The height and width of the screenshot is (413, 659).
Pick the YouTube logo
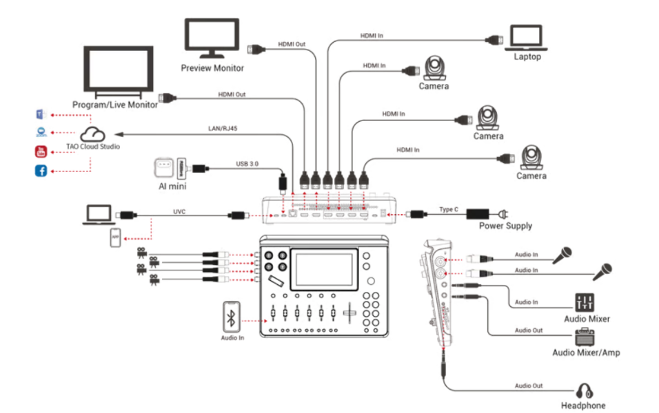click(41, 151)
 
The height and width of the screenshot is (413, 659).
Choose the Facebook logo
click(41, 170)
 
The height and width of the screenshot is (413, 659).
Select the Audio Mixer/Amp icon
click(585, 338)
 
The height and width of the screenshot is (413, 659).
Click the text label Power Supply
click(505, 226)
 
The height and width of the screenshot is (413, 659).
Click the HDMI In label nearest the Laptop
click(372, 34)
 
